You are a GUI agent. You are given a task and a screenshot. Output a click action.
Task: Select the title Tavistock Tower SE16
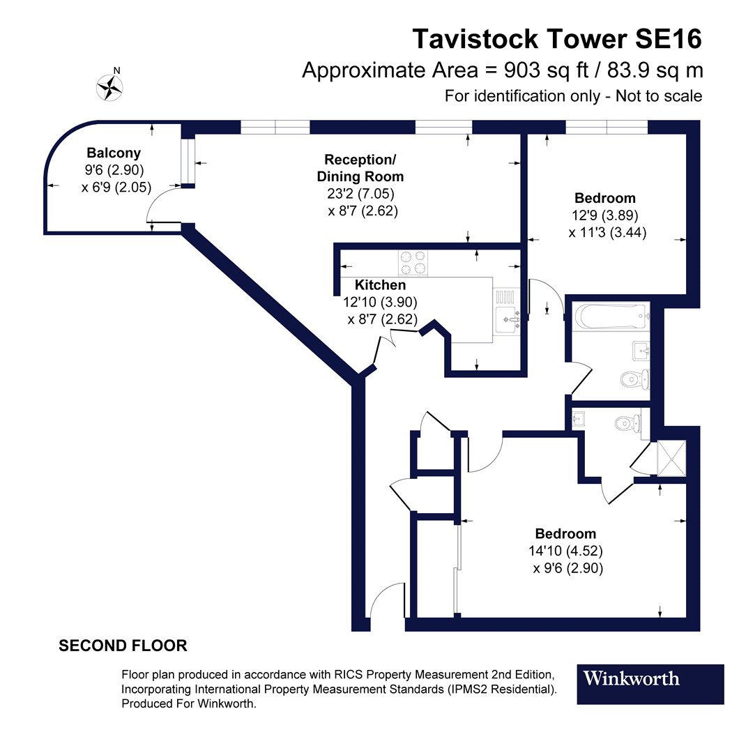click(x=557, y=39)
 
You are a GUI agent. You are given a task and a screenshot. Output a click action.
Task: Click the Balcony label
click(x=114, y=153)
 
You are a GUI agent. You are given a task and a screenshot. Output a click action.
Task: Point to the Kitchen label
click(x=380, y=285)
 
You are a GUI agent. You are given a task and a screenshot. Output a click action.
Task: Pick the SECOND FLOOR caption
click(x=123, y=646)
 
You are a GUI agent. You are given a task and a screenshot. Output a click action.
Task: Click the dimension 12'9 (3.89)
click(x=604, y=215)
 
